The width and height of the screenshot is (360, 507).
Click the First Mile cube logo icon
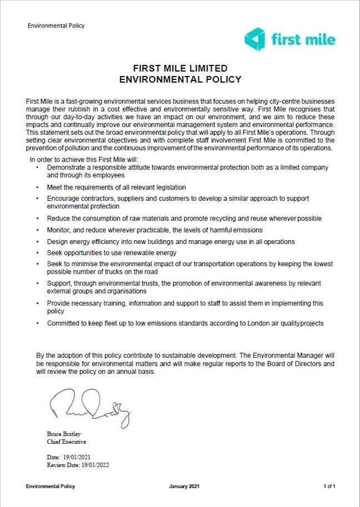tap(256, 39)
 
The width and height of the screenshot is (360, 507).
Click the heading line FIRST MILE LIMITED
tap(180, 68)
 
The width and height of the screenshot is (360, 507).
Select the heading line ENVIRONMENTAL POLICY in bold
tap(180, 79)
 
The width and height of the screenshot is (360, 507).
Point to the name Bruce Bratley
tap(62, 434)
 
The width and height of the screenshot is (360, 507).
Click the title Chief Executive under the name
tap(66, 442)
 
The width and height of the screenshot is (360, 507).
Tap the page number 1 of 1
tap(329, 486)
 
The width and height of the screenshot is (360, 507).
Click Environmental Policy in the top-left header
tap(56, 26)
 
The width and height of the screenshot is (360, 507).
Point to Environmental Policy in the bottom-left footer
tap(50, 486)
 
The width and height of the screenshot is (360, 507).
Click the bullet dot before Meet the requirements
tap(37, 187)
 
